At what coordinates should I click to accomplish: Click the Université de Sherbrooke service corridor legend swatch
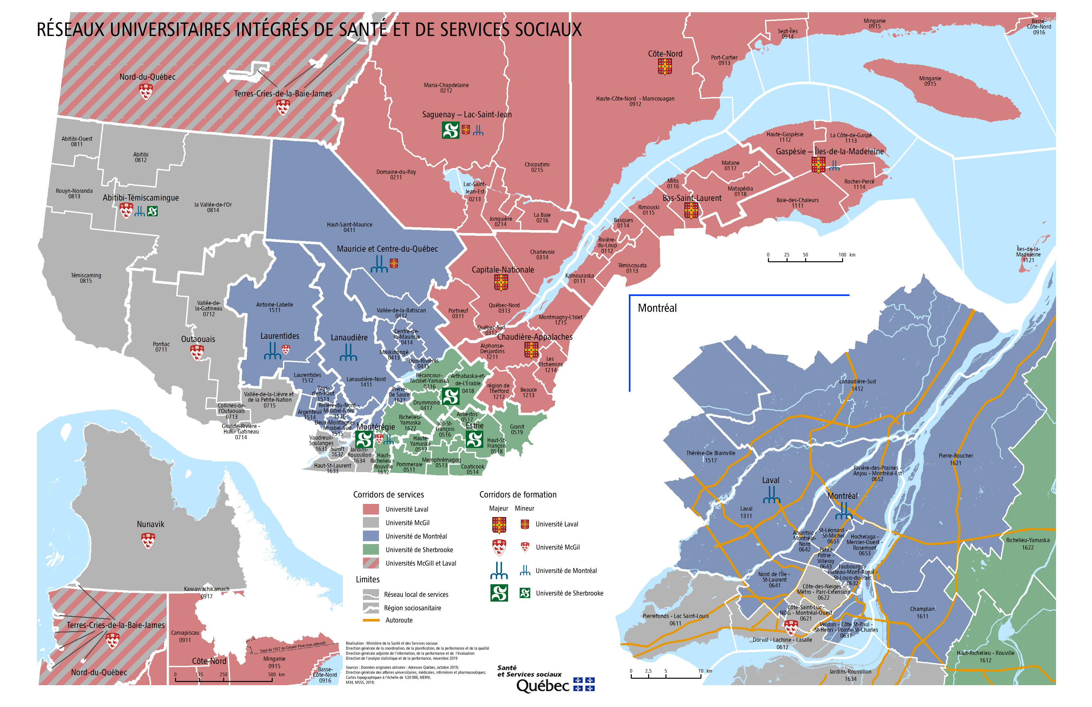click(x=371, y=550)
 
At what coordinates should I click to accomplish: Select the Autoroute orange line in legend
click(x=371, y=620)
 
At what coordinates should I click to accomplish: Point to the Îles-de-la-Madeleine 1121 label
click(x=1028, y=254)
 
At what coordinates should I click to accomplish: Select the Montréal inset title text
click(x=657, y=308)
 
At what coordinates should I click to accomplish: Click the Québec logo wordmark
click(x=543, y=686)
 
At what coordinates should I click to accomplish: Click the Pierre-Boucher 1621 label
click(x=956, y=459)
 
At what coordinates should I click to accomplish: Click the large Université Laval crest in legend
click(x=499, y=525)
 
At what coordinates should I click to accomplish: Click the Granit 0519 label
click(x=517, y=429)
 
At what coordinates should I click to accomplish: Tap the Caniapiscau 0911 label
click(x=185, y=636)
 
